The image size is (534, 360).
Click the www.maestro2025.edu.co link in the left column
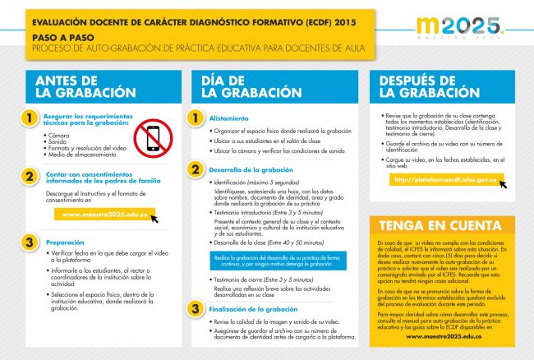tap(104, 215)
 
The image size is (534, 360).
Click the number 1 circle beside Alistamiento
tap(196, 118)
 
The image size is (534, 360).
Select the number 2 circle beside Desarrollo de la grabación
tap(196, 169)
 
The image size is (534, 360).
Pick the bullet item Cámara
tap(56, 134)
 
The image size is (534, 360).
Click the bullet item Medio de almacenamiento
tap(80, 154)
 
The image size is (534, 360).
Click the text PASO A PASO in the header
tap(57, 38)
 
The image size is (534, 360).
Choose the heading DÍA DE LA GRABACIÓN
tap(247, 86)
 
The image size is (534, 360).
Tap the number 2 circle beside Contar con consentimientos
tap(30, 177)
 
